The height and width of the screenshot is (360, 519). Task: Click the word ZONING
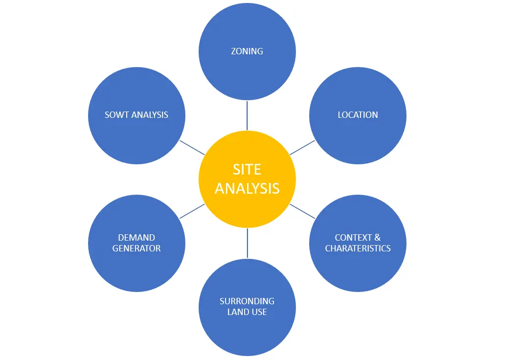tap(247, 51)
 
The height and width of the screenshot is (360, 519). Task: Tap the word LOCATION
tap(358, 115)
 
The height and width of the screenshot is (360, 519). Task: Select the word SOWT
tap(117, 115)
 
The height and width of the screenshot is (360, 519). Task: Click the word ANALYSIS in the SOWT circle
tap(150, 115)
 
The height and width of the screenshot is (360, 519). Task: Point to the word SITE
tap(247, 169)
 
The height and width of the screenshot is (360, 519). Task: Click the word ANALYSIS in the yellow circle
tap(247, 188)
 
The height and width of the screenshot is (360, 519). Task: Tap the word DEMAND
tap(136, 238)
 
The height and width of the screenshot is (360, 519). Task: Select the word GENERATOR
tap(136, 248)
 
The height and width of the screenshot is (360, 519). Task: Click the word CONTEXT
tap(353, 238)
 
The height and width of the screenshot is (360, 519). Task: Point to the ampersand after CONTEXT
tap(377, 238)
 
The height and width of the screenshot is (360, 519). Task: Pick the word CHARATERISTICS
tap(358, 248)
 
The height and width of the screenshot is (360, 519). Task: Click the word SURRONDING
tap(247, 301)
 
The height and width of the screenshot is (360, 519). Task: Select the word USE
tap(259, 312)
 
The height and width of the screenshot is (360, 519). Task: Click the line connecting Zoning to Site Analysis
tap(247, 115)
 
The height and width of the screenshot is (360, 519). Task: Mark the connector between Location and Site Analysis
tap(302, 148)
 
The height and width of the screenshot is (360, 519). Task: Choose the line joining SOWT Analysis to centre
tap(192, 148)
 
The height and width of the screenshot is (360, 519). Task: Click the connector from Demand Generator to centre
tap(192, 211)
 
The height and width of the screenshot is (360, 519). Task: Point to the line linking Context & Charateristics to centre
tap(302, 211)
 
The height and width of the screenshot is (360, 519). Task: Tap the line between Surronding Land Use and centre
tap(247, 243)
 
